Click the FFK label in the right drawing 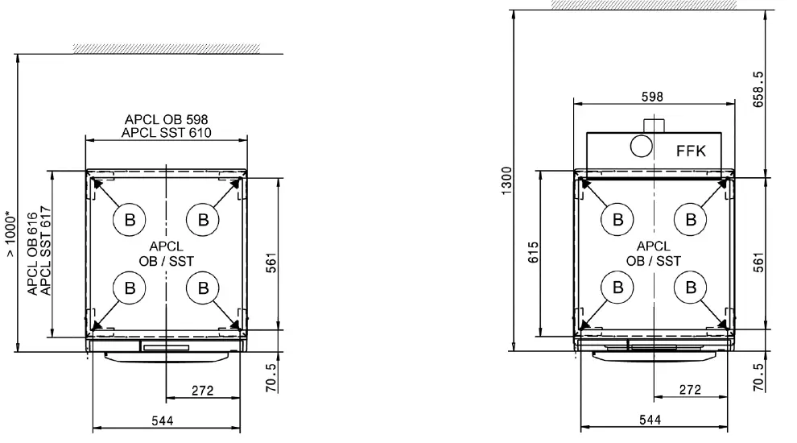[x=691, y=151]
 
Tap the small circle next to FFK [x=641, y=147]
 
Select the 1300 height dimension [x=506, y=180]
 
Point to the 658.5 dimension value [x=758, y=89]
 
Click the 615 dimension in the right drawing [x=533, y=252]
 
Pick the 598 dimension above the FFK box [x=652, y=97]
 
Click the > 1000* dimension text [x=10, y=234]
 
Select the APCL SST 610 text [x=166, y=133]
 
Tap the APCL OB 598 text [x=166, y=119]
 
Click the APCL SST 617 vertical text [x=46, y=250]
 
